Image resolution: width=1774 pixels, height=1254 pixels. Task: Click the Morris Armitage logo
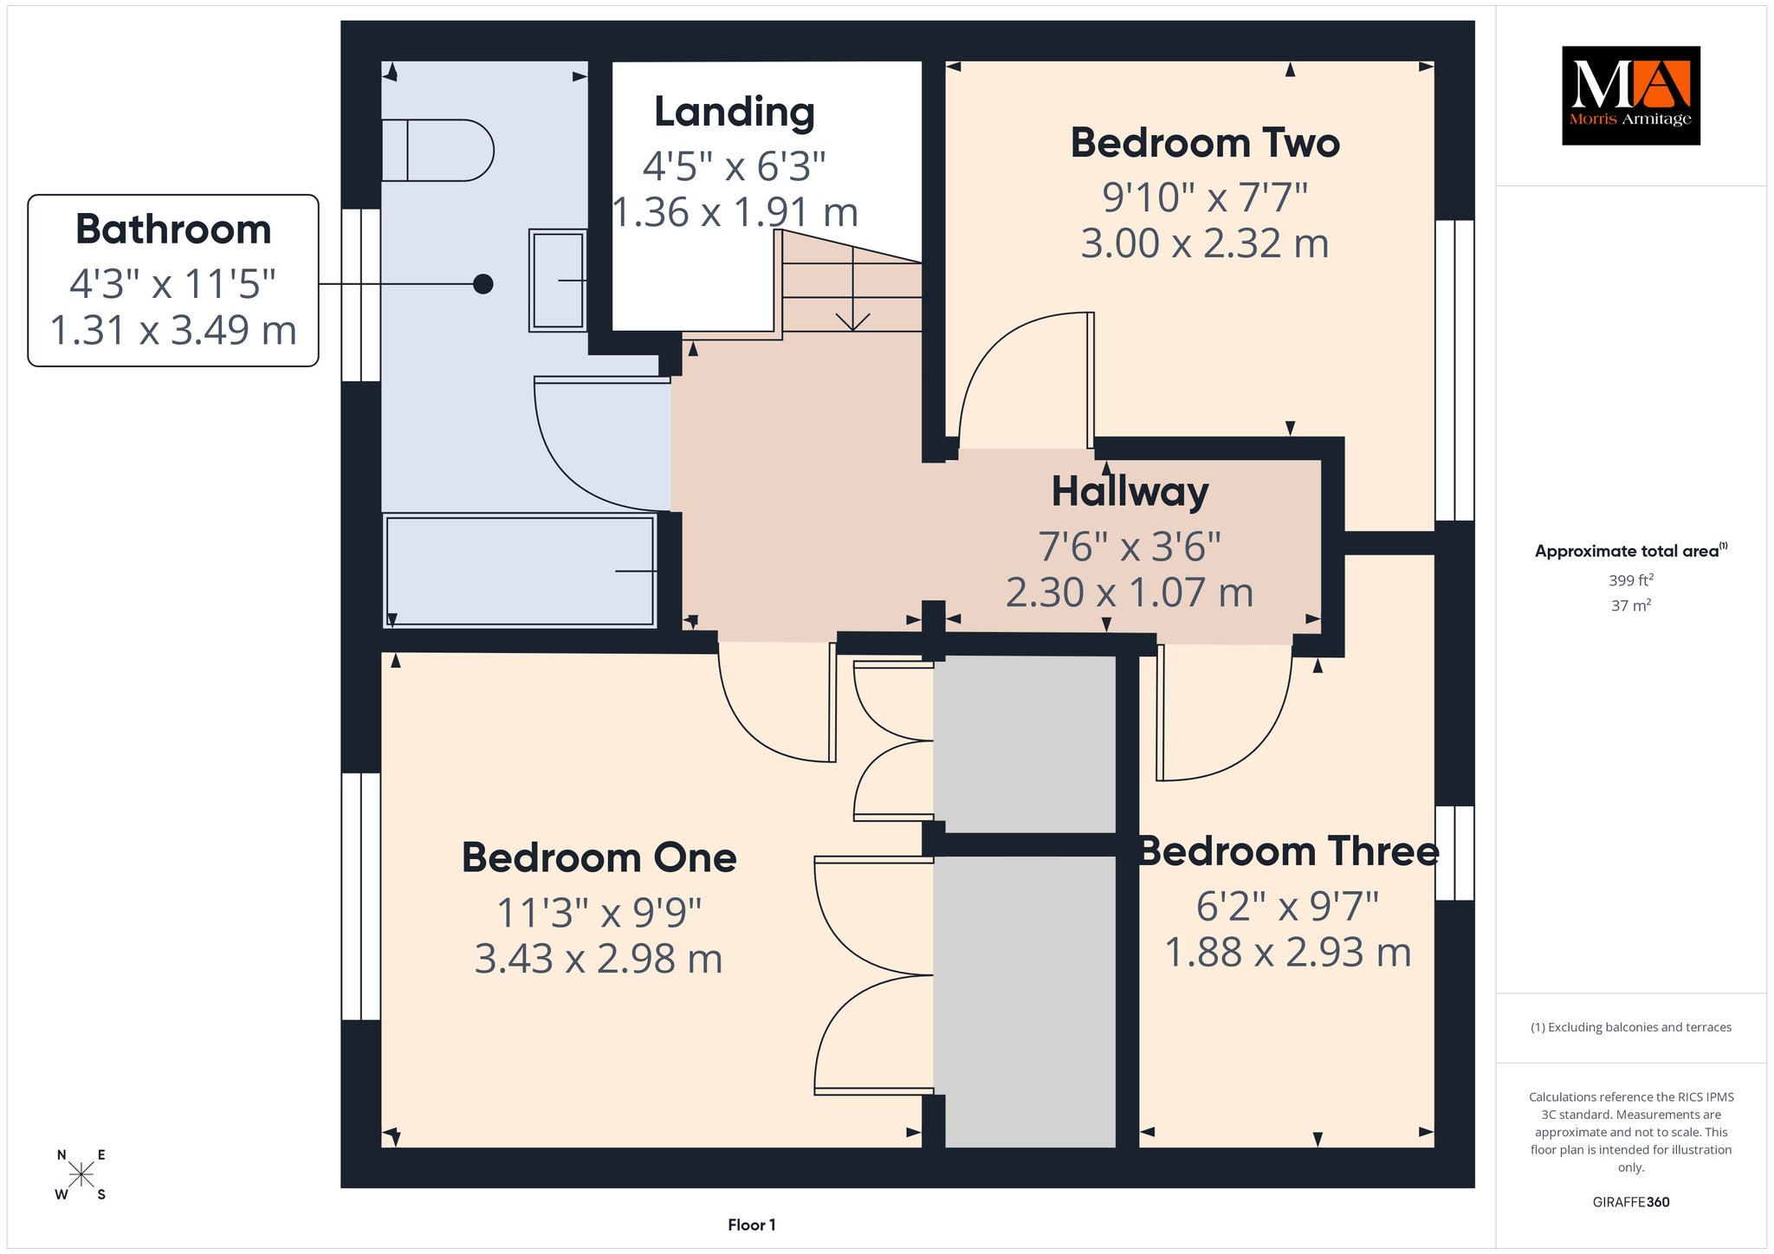pyautogui.click(x=1630, y=95)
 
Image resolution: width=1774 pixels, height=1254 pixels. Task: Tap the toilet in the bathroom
pyautogui.click(x=437, y=151)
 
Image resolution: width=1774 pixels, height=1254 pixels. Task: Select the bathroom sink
pyautogui.click(x=558, y=281)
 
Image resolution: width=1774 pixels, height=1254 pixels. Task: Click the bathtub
pyautogui.click(x=520, y=571)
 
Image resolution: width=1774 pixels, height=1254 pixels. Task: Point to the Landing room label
pyautogui.click(x=735, y=112)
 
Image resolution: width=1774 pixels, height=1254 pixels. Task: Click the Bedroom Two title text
pyautogui.click(x=1205, y=143)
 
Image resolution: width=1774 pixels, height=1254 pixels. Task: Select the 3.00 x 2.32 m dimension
pyautogui.click(x=1205, y=243)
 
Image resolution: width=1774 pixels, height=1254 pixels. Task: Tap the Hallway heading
pyautogui.click(x=1130, y=492)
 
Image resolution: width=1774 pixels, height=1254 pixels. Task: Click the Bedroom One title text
pyautogui.click(x=599, y=857)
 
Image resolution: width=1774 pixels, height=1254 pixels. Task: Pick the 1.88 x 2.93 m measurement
pyautogui.click(x=1288, y=953)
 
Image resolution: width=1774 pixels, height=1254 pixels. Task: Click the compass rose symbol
pyautogui.click(x=81, y=1174)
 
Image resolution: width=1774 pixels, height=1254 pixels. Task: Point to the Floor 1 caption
pyautogui.click(x=752, y=1225)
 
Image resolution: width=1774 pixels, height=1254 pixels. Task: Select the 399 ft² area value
pyautogui.click(x=1631, y=580)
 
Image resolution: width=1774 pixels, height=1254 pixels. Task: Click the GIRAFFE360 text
pyautogui.click(x=1631, y=1202)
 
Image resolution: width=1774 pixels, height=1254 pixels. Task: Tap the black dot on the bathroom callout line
pyautogui.click(x=483, y=283)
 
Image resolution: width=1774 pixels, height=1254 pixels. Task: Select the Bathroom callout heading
pyautogui.click(x=173, y=229)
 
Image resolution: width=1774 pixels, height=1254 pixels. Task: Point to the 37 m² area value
pyautogui.click(x=1631, y=605)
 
